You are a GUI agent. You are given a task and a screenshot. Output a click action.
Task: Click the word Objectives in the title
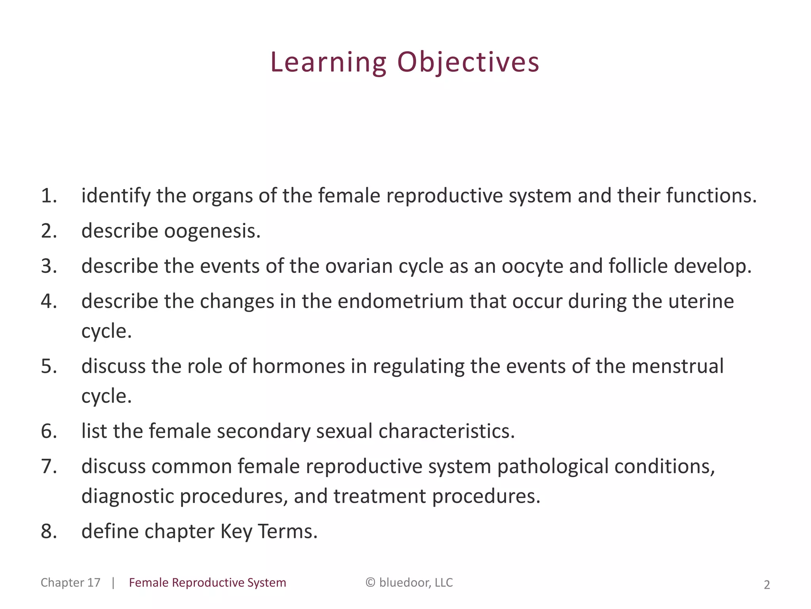click(468, 63)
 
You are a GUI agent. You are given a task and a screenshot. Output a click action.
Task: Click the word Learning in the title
click(328, 63)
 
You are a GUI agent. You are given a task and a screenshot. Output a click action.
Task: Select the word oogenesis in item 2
click(212, 231)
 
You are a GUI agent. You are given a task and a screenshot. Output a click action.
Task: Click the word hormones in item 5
click(299, 366)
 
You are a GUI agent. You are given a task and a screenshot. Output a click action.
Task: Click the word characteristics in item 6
click(446, 431)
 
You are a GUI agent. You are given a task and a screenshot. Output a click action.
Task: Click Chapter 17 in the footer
click(70, 582)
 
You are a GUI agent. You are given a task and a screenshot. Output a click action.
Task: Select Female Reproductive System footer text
click(208, 582)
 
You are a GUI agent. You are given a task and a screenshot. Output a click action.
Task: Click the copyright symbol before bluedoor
click(370, 582)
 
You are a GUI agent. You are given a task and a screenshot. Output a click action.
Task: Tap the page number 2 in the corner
click(767, 585)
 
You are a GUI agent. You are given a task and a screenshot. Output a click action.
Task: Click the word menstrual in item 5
click(677, 366)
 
